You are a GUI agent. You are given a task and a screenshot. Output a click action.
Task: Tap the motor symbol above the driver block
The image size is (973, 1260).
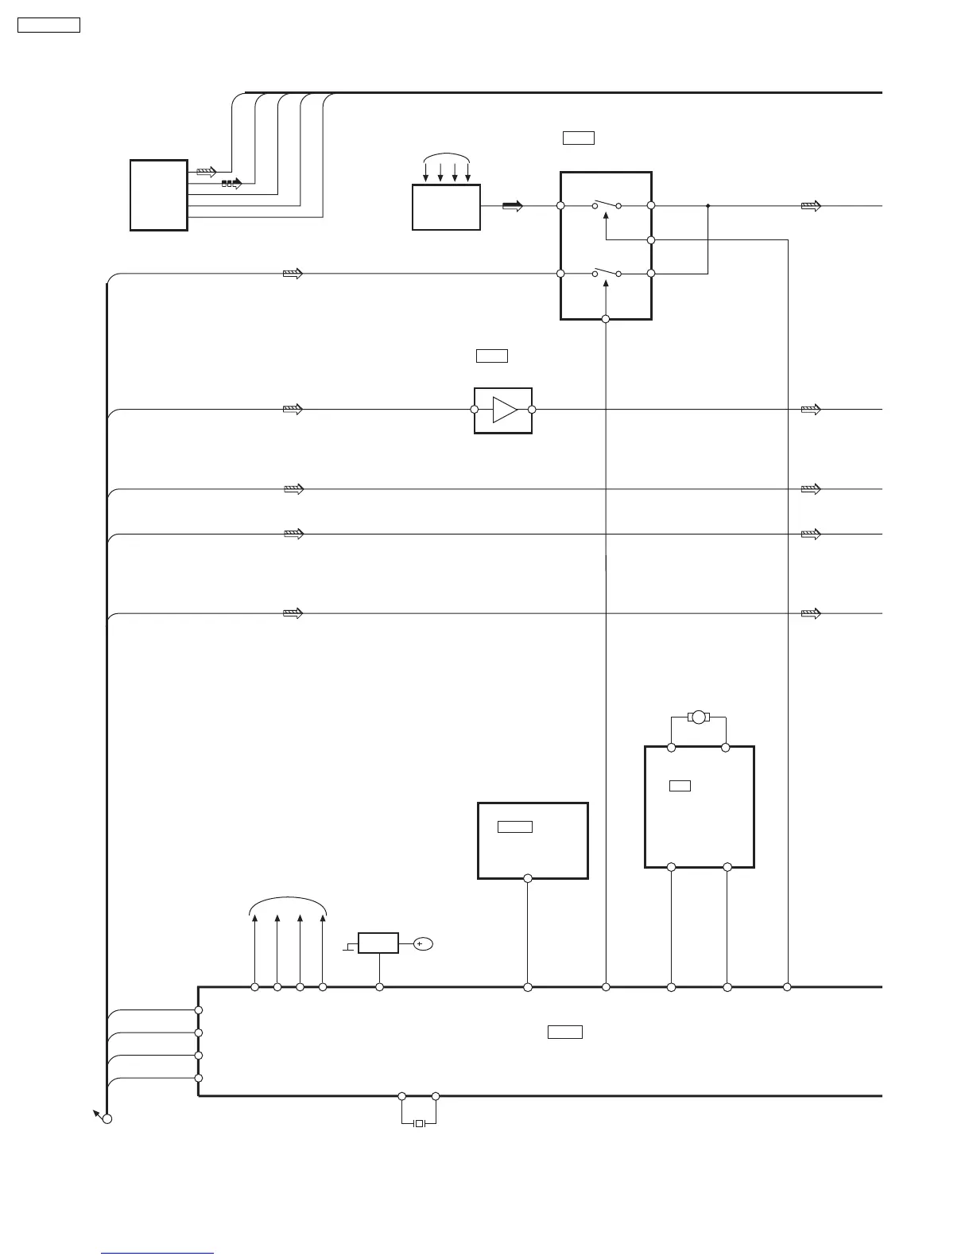click(699, 717)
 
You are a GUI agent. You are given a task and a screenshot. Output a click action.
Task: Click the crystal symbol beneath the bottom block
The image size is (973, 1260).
click(420, 1123)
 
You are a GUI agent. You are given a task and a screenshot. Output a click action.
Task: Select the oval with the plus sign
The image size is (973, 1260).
click(422, 943)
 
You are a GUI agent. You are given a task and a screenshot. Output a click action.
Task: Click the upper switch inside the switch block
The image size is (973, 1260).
click(607, 204)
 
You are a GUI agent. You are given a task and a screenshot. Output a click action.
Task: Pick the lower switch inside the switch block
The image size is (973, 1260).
click(607, 272)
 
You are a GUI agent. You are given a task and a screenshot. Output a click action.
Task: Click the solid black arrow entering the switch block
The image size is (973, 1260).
click(513, 206)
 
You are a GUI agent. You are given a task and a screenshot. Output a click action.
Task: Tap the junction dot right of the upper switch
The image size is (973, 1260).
click(707, 205)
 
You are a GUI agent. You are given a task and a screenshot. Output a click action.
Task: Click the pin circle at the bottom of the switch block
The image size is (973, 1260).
click(606, 319)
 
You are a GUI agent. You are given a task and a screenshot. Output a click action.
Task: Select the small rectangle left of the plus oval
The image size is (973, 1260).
click(378, 943)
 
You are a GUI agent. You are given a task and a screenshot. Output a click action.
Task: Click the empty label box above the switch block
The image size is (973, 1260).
click(579, 138)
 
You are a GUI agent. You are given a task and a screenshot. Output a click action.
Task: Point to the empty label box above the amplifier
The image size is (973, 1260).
click(492, 356)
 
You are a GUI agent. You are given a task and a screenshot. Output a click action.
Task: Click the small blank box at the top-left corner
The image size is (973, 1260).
click(49, 25)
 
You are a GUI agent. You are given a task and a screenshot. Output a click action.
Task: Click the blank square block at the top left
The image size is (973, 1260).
click(159, 196)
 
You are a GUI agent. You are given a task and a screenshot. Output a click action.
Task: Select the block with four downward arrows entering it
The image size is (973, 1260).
click(446, 208)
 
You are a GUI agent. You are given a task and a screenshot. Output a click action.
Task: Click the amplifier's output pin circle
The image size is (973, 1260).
click(532, 410)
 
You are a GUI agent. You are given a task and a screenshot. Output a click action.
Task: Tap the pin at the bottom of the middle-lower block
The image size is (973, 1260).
click(528, 878)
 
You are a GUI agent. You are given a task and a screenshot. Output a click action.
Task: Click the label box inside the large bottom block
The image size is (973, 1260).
click(565, 1032)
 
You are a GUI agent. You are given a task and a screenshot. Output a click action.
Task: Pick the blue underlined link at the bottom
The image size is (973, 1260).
click(158, 1253)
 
